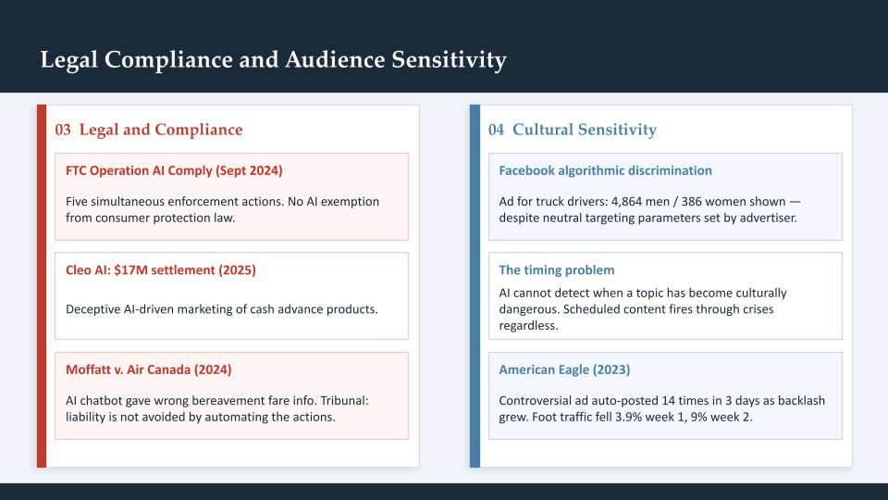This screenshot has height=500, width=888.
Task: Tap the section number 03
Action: (63, 130)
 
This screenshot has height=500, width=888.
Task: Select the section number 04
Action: (497, 130)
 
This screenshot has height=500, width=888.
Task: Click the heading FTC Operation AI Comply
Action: (174, 170)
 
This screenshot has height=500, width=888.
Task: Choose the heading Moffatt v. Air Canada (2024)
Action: (148, 369)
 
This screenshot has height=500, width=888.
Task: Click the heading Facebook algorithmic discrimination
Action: (605, 170)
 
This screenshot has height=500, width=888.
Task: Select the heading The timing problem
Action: (557, 270)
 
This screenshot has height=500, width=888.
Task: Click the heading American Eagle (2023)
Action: (564, 369)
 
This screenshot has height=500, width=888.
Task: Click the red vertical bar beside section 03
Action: (41, 286)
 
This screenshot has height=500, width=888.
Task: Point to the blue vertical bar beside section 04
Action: (475, 286)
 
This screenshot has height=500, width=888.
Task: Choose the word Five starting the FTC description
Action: (78, 201)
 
